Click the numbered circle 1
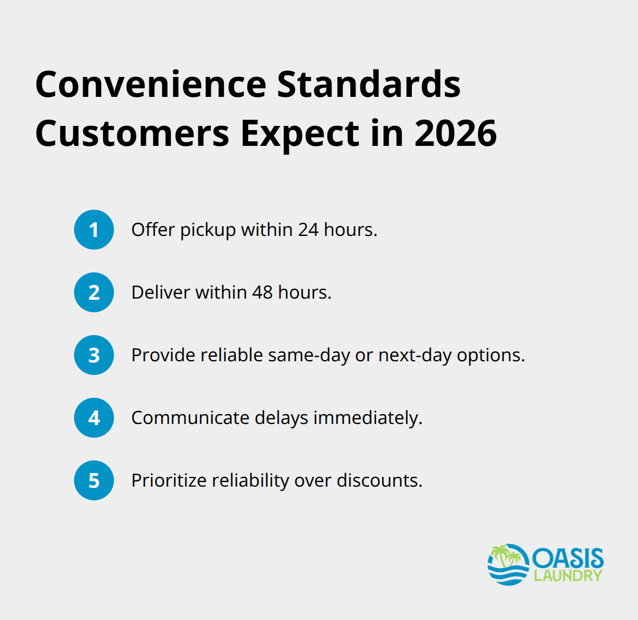(94, 230)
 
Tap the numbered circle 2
(94, 292)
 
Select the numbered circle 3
(94, 355)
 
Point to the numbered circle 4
(94, 418)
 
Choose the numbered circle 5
(94, 480)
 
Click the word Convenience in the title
(150, 84)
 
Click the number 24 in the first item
(310, 230)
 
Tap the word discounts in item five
(379, 480)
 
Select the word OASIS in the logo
(568, 557)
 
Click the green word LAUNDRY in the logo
(567, 576)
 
